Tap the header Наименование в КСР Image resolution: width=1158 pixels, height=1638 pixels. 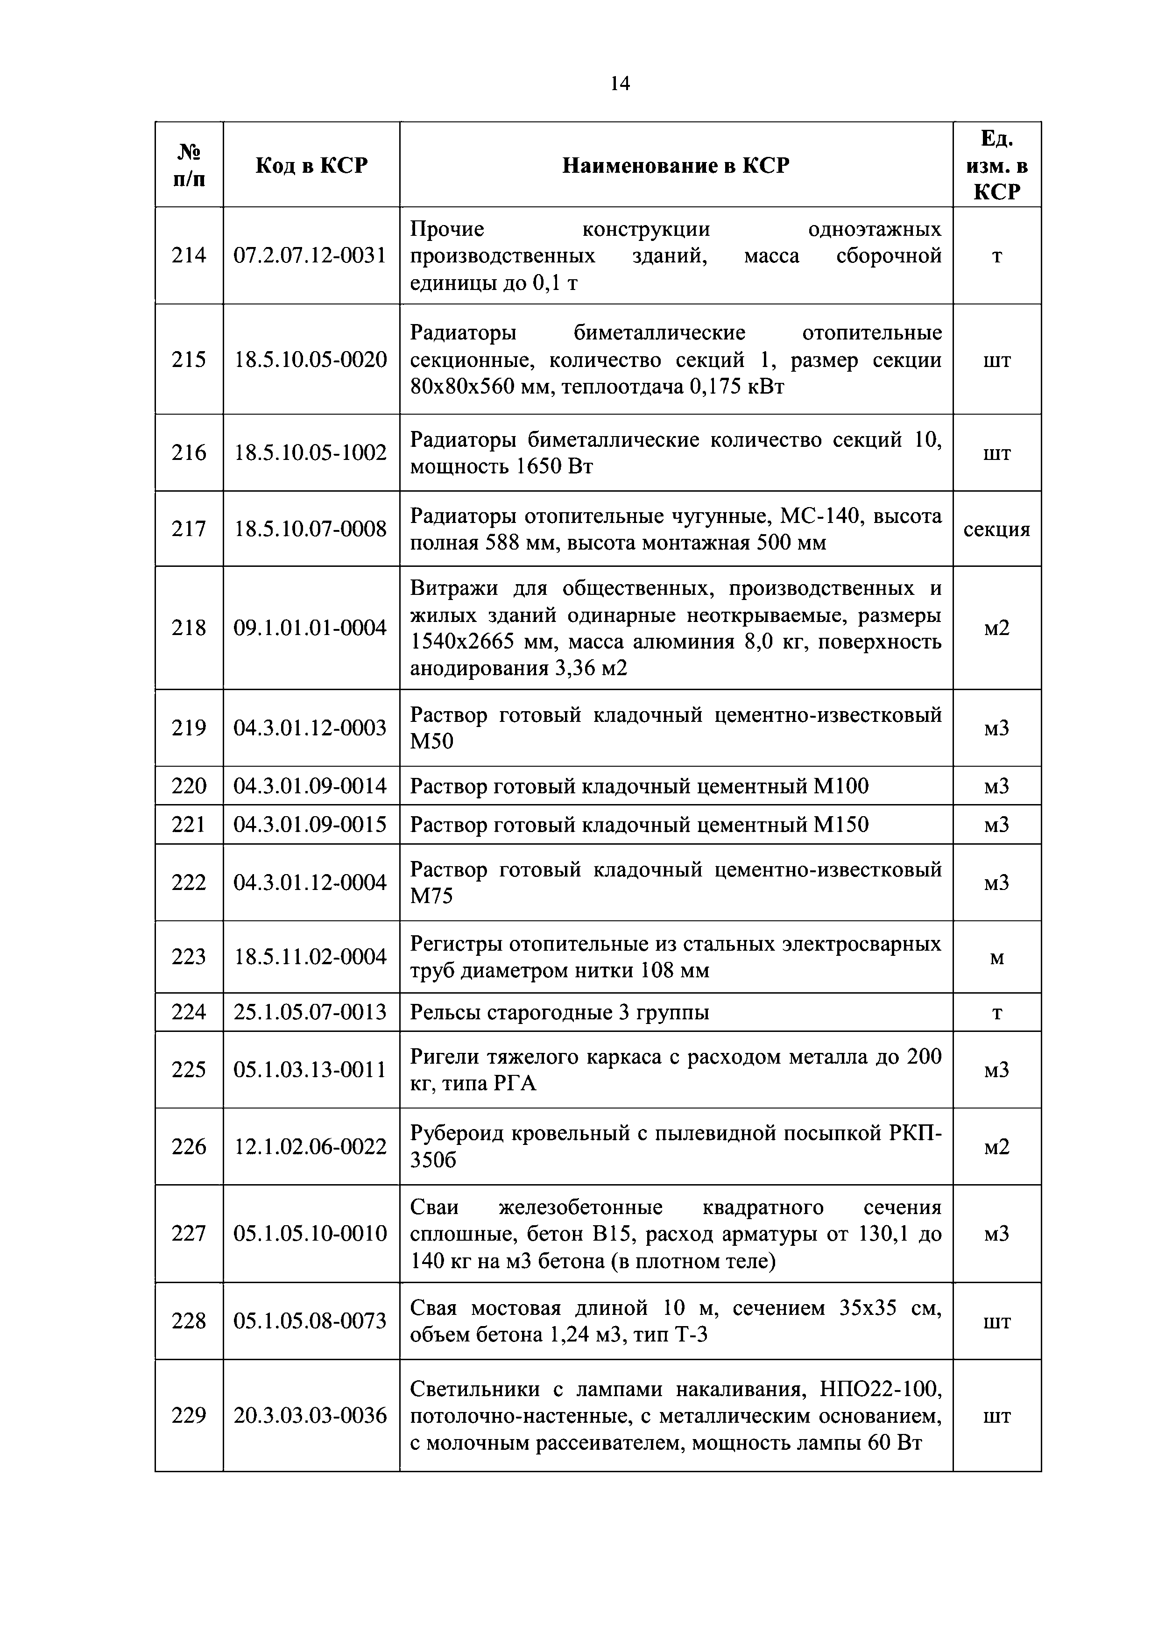[676, 165]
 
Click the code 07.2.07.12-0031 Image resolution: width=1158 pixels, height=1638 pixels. [311, 255]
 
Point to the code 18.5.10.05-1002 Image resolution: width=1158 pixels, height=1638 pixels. [311, 453]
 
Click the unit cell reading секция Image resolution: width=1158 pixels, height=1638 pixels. [997, 530]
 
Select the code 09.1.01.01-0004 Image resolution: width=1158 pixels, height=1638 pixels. [311, 628]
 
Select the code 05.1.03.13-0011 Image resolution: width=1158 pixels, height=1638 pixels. [311, 1069]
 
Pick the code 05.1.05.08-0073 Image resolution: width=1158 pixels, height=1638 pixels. [311, 1321]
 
